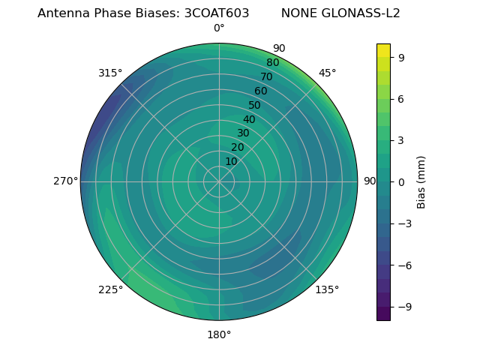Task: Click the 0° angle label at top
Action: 219,28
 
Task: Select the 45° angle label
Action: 328,73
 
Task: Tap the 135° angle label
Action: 327,289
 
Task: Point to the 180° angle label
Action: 219,334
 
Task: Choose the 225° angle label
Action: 110,289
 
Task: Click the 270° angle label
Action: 65,181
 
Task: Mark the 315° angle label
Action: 110,73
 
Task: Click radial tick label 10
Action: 231,161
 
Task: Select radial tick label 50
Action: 255,105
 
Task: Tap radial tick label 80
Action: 273,62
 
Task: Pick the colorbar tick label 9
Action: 402,57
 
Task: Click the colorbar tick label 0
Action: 402,182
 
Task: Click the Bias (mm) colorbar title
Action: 421,182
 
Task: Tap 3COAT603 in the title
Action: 217,13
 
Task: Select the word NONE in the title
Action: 297,13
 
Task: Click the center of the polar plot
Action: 219,181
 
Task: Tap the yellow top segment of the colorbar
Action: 383,49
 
